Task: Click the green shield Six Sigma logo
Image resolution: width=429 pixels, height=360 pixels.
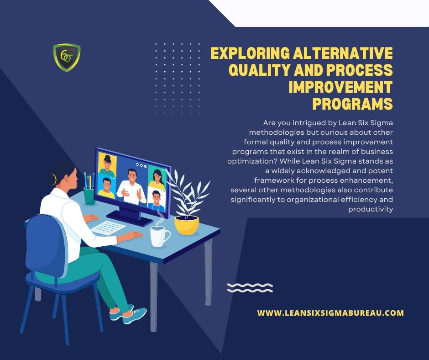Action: click(67, 58)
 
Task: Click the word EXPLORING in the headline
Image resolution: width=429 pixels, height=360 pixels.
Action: click(250, 53)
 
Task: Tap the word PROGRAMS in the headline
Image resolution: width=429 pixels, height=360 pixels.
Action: click(353, 104)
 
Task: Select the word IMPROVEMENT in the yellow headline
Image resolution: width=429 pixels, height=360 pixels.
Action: click(341, 87)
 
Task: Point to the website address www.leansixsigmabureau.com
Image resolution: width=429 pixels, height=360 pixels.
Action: click(330, 313)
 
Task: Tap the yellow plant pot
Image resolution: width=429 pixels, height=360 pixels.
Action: click(187, 225)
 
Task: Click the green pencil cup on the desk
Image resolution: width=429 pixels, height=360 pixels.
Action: click(89, 196)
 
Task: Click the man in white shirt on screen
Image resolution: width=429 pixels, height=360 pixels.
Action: click(131, 187)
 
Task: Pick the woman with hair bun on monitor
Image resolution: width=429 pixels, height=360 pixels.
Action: click(107, 166)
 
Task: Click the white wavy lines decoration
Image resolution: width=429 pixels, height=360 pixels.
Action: click(250, 288)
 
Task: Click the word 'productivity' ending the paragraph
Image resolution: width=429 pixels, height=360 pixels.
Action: click(371, 209)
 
